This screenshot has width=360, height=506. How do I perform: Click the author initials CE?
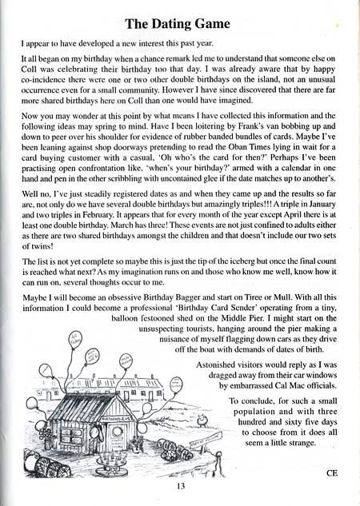tap(334, 472)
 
